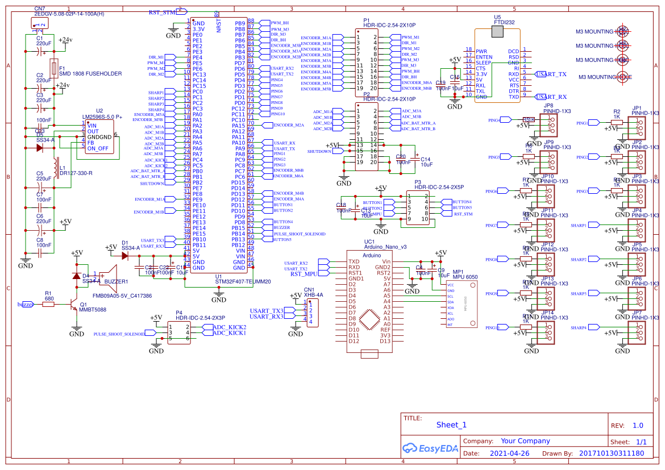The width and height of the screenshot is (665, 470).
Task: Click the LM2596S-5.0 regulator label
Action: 102,117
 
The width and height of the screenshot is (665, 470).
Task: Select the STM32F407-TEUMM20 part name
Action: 243,281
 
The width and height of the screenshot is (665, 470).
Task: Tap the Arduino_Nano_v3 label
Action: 385,247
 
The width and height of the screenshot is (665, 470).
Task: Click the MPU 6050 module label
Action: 465,277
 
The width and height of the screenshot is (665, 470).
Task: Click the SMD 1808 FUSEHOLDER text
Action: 90,74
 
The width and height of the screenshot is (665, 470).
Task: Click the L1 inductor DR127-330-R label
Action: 76,173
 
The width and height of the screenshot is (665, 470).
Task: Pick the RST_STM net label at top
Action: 163,12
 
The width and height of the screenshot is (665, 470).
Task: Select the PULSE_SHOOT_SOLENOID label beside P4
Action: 119,334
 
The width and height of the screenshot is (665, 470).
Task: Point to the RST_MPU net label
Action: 304,274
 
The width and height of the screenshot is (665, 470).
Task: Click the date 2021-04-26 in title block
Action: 509,454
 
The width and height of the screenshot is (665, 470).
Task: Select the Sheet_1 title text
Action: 451,425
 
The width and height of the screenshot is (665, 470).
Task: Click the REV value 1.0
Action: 638,425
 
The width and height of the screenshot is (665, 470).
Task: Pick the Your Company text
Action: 525,441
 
